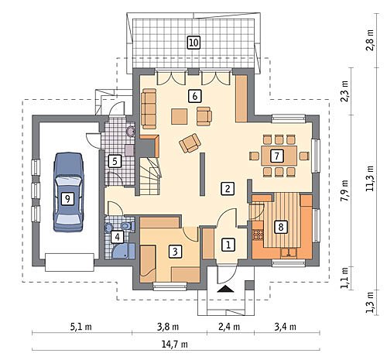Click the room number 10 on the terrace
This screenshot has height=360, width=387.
click(193, 43)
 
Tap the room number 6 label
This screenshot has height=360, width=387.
click(195, 96)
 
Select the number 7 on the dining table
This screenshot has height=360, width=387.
click(276, 156)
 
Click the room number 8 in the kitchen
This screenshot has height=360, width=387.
click(281, 227)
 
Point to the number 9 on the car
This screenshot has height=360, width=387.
click(67, 199)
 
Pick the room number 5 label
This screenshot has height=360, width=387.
click(115, 162)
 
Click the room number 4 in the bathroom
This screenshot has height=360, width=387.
click(118, 237)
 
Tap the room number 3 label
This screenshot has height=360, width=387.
click(175, 251)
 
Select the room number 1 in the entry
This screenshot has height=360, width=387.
click(228, 245)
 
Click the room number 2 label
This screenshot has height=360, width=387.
click(228, 188)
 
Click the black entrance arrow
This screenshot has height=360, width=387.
click(225, 289)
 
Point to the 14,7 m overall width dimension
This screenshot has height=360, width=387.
click(175, 344)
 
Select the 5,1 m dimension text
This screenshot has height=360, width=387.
click(80, 327)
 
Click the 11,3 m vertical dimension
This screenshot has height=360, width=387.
click(370, 178)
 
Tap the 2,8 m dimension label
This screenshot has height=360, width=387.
click(370, 40)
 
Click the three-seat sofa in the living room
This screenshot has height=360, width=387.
click(149, 108)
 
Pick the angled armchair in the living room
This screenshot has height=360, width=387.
click(190, 143)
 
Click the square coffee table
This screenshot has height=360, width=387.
click(179, 117)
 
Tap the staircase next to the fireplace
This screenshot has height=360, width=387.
click(150, 176)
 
